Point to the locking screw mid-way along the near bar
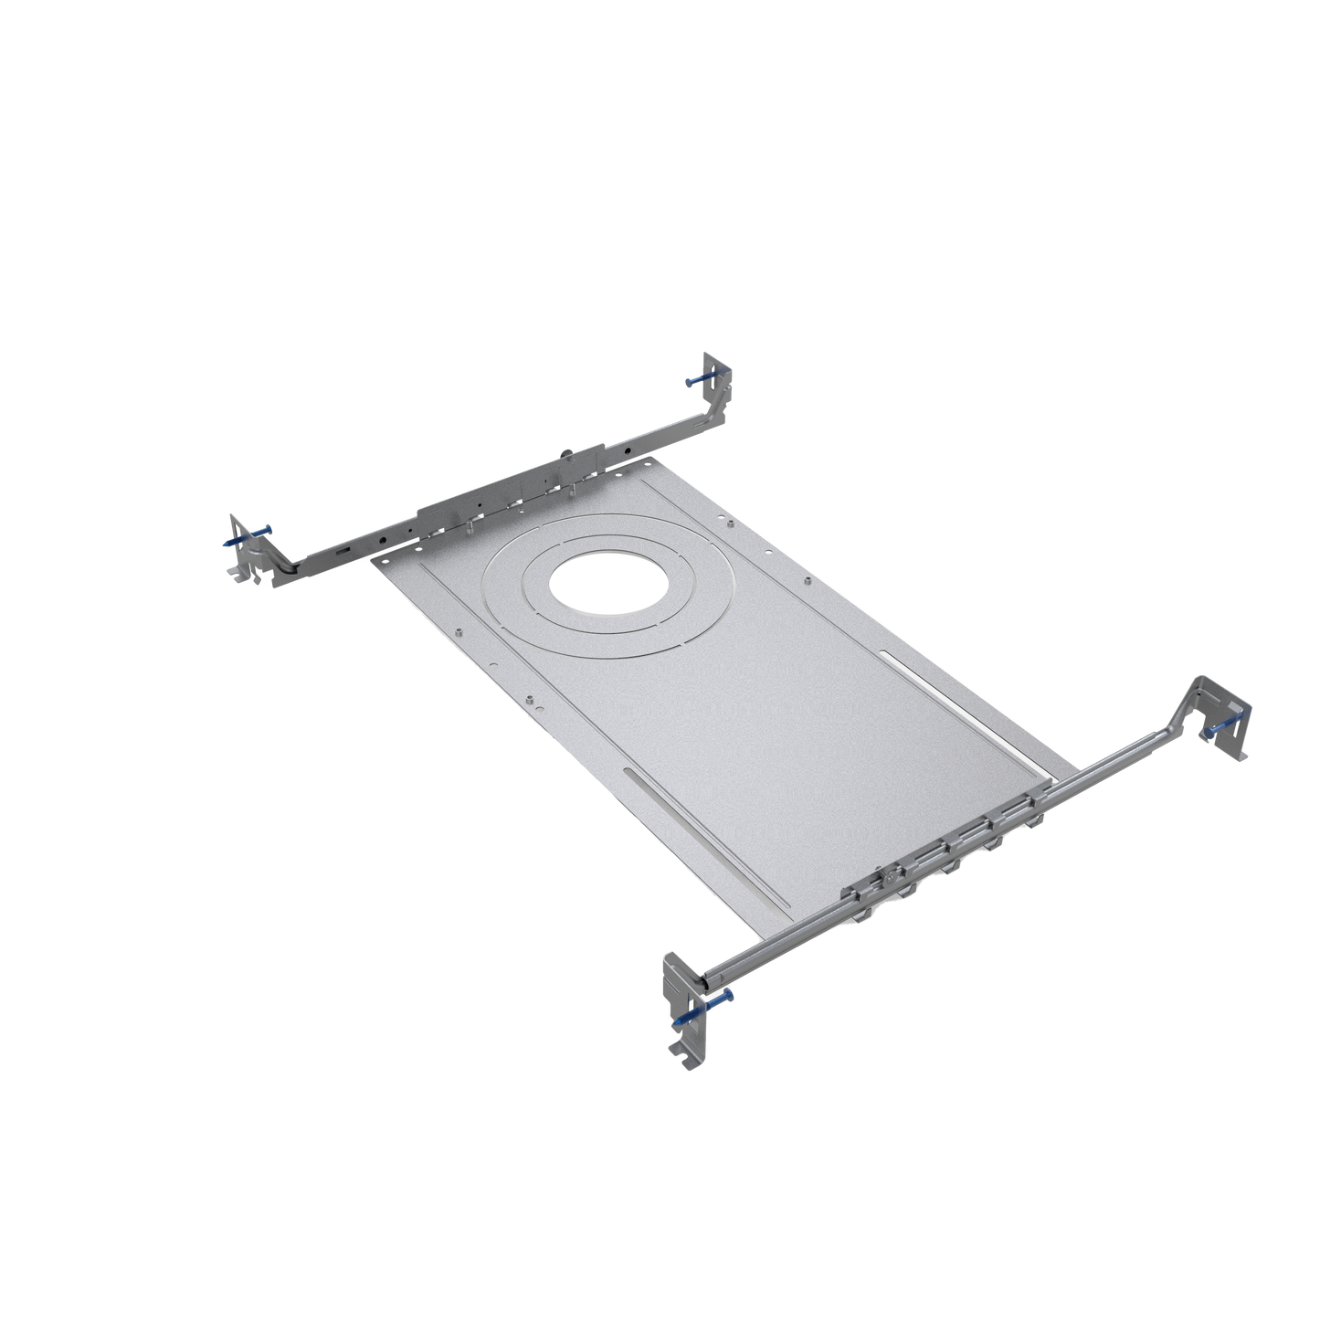(x=887, y=879)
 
